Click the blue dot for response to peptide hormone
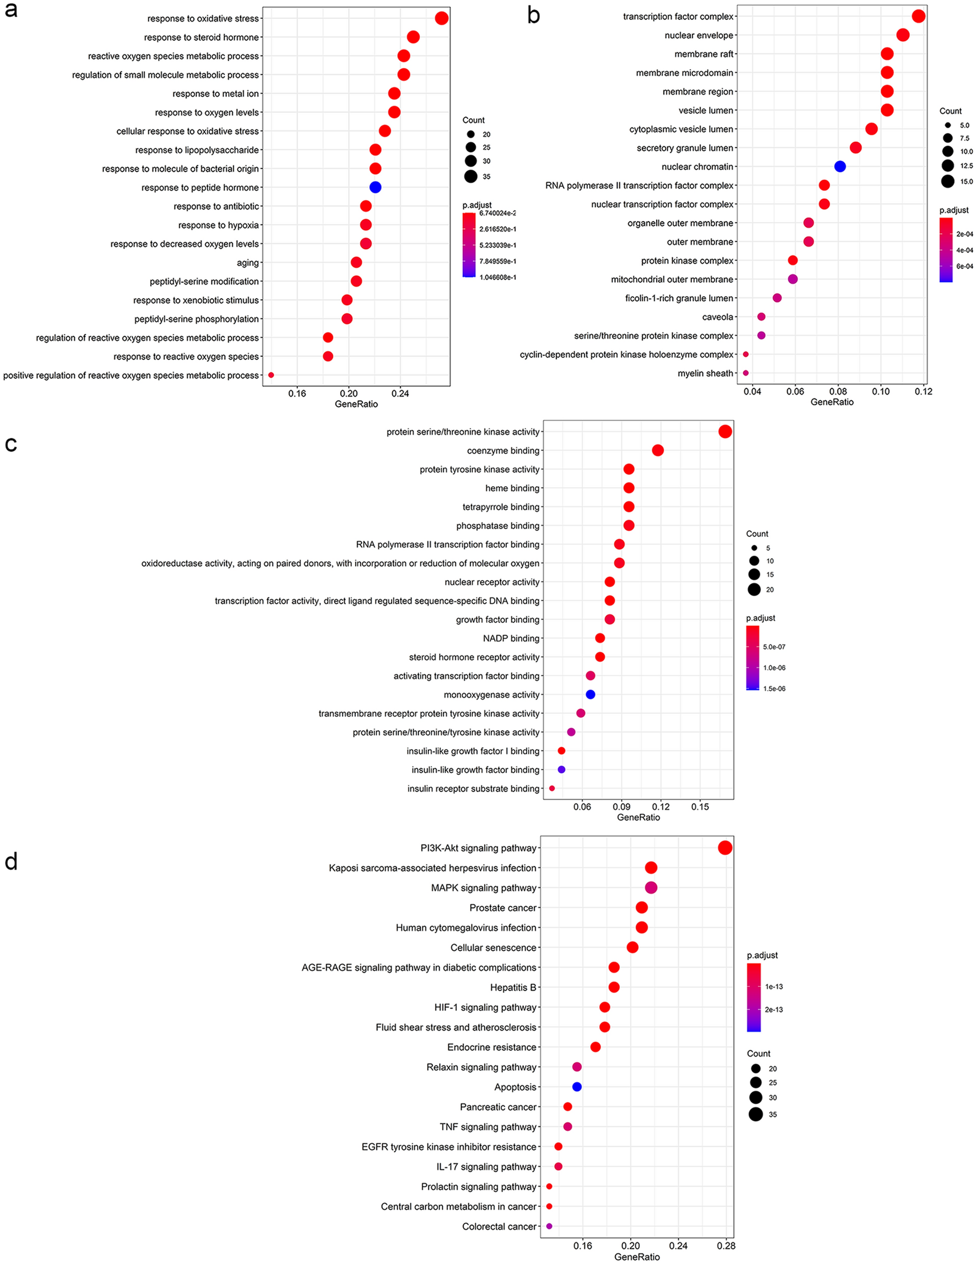pos(375,187)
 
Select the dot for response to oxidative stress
pos(442,18)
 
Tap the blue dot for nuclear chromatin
pos(840,167)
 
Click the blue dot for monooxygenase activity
pos(590,695)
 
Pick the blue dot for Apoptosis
pos(577,1087)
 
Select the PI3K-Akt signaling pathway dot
pos(725,848)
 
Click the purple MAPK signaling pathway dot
pos(651,888)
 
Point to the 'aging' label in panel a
pos(248,263)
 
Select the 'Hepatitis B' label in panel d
pos(513,987)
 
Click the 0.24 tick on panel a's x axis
pos(400,394)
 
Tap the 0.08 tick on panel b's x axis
pos(838,392)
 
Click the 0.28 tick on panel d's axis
pos(726,1246)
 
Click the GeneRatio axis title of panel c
pos(638,817)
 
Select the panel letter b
pos(533,16)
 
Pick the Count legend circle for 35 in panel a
pos(470,176)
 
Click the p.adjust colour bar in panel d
pos(754,997)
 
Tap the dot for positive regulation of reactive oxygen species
pos(271,375)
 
